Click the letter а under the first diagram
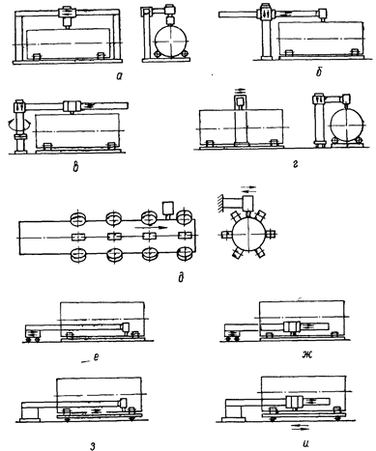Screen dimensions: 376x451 120,76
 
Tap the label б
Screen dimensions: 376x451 319,72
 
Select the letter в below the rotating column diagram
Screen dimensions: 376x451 75,167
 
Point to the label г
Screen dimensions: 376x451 296,165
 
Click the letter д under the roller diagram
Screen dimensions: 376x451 181,277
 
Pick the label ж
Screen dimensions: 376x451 305,355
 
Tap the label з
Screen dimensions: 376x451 93,446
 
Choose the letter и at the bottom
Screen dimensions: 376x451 305,444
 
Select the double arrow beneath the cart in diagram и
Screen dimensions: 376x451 300,427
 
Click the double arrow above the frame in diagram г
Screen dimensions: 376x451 241,91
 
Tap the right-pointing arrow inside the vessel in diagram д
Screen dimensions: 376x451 152,228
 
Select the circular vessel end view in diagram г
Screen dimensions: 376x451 346,126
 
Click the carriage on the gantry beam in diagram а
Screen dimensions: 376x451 67,13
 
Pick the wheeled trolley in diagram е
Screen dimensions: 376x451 33,332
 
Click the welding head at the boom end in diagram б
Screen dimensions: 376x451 322,14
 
